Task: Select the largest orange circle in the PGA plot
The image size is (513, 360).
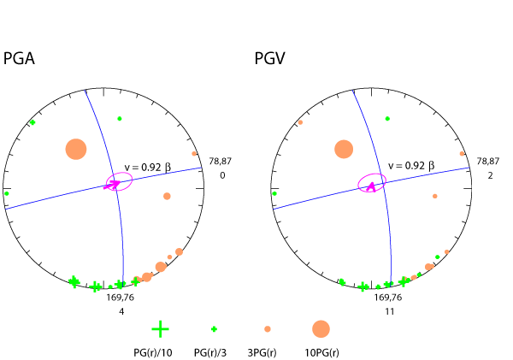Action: [x=77, y=150]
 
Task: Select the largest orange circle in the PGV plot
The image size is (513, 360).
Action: [x=344, y=150]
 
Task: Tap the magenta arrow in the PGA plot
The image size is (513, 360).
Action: [x=112, y=185]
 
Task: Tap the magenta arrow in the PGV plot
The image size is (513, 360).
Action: [x=370, y=186]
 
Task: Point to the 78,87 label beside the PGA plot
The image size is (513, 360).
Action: [x=221, y=161]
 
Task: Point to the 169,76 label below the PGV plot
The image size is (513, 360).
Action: [x=387, y=298]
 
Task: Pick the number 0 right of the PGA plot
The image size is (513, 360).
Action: [x=221, y=175]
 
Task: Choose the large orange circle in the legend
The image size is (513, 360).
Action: [x=321, y=328]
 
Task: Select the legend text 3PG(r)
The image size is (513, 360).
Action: [x=267, y=351]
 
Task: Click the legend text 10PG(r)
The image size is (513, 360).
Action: [x=321, y=351]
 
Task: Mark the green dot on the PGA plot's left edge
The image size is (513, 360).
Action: [x=6, y=193]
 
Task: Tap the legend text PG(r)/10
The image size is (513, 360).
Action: [x=155, y=351]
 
